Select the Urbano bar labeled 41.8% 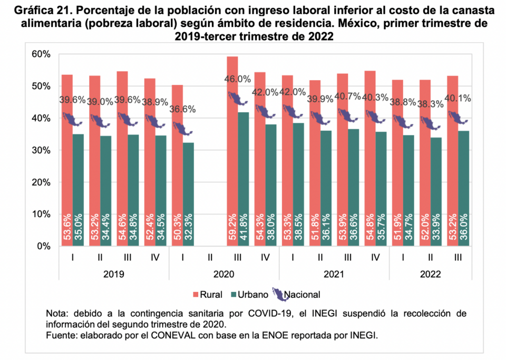pos(243,179)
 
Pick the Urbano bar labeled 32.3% pos(188,195)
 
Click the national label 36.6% pos(182,109)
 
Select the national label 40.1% pos(458,98)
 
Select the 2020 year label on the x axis pos(223,274)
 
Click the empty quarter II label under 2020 pos(210,258)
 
